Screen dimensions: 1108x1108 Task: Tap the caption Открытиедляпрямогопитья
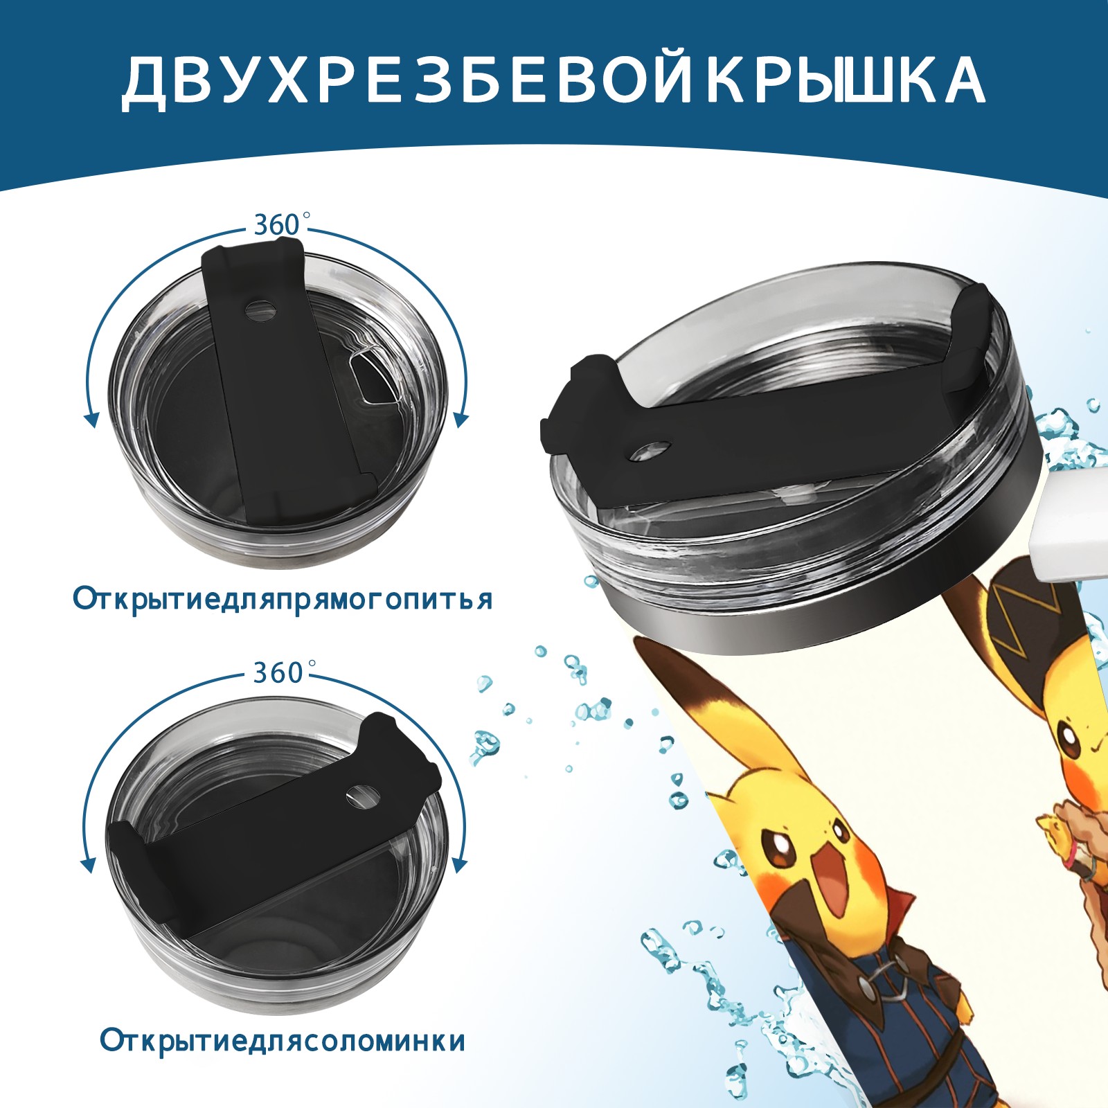tap(283, 600)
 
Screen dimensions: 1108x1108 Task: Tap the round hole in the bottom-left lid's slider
tap(362, 796)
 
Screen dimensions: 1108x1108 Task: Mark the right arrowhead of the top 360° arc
tap(461, 418)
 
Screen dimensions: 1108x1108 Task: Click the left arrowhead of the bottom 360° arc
tap(88, 865)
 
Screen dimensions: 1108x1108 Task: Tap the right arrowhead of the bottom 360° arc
tap(459, 865)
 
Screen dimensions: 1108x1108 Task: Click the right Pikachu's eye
tap(1071, 747)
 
